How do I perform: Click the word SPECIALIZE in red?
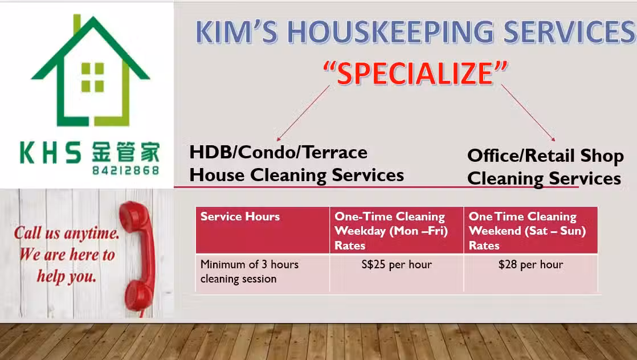click(415, 73)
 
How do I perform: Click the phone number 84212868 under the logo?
click(125, 170)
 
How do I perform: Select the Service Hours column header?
click(263, 230)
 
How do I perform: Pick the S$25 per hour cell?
click(397, 273)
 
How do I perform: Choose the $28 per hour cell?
click(530, 273)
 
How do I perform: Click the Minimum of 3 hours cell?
click(263, 273)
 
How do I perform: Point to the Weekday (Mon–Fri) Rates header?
click(397, 230)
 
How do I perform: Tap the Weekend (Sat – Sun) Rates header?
click(530, 230)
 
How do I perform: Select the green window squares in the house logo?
click(93, 77)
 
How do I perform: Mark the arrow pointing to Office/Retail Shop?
click(528, 113)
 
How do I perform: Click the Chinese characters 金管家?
click(125, 152)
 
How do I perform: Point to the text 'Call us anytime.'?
click(67, 233)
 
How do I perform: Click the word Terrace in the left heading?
click(335, 152)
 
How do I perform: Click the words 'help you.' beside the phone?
click(67, 276)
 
